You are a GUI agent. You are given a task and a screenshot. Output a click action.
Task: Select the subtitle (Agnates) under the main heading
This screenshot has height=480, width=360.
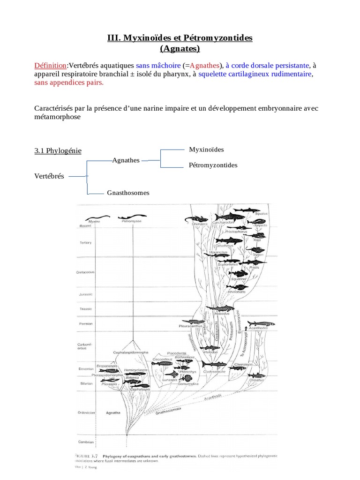180,48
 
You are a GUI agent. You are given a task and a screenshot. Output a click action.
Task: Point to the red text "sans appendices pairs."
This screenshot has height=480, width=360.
68,83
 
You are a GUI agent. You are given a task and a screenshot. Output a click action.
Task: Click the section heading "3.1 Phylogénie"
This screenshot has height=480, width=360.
58,150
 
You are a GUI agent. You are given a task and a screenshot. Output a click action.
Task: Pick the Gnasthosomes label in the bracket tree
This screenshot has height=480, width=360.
128,193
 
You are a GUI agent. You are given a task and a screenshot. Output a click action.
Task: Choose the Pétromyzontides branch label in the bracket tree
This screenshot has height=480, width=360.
213,165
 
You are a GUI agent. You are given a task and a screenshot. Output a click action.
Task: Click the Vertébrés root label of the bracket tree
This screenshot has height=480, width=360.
49,176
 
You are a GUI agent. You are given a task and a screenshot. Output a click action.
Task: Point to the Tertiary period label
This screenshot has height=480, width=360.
85,242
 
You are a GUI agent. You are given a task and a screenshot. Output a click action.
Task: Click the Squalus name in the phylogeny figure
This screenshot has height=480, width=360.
261,213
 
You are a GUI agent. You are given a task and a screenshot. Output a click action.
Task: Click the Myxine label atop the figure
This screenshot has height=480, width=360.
94,221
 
